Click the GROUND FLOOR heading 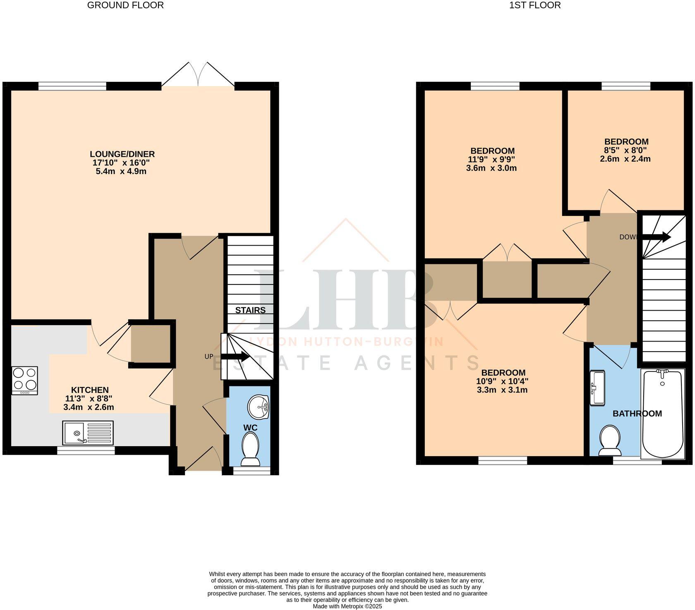(125, 5)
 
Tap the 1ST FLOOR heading (535, 5)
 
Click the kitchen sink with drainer (88, 432)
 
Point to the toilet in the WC (250, 449)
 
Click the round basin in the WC (259, 407)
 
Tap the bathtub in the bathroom (662, 414)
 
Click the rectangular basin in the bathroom (597, 388)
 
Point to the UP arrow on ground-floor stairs (235, 357)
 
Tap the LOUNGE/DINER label (122, 154)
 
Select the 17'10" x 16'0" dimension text (121, 163)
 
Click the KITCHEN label (90, 390)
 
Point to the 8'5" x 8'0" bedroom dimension (626, 150)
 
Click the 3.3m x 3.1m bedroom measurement (502, 390)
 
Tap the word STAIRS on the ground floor (250, 310)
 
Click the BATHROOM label (637, 414)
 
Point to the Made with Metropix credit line (347, 606)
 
